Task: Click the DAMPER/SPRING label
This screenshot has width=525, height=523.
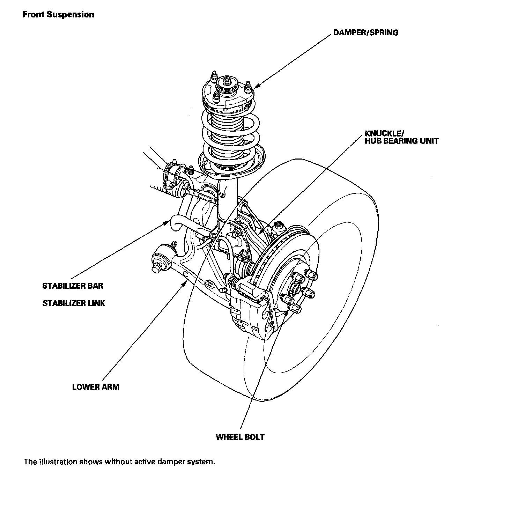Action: [365, 33]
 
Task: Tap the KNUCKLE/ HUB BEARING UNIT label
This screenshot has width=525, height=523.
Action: [401, 137]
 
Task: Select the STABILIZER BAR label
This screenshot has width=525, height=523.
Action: [73, 286]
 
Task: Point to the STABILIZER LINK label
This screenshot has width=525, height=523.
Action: [74, 303]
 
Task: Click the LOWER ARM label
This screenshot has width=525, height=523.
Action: [96, 387]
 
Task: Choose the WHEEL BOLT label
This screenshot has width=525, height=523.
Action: [240, 437]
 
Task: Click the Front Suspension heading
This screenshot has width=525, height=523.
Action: [58, 15]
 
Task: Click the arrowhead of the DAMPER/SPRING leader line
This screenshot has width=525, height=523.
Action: [257, 85]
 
